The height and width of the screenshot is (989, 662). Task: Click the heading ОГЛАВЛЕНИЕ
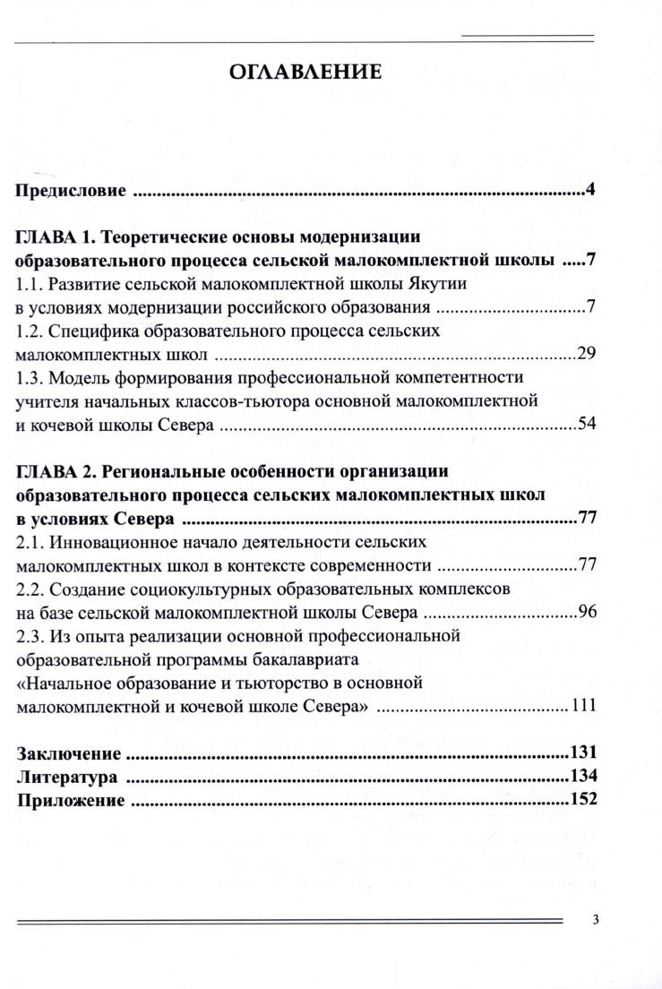305,71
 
